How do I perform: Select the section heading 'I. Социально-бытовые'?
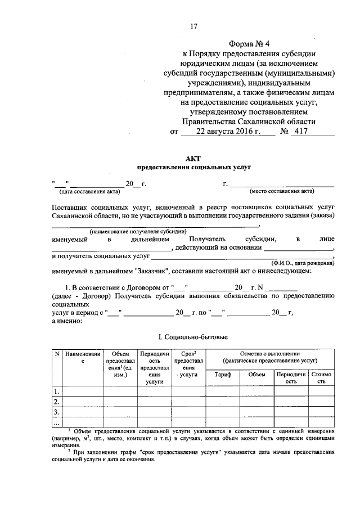[193, 337]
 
